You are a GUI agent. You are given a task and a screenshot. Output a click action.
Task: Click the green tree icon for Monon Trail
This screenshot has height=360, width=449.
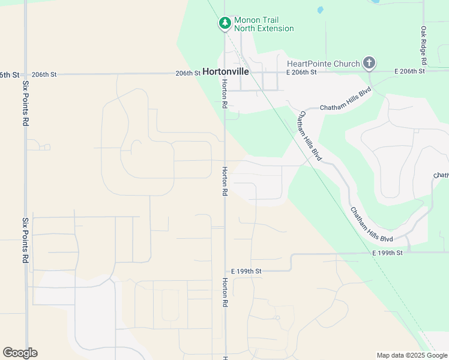(225, 23)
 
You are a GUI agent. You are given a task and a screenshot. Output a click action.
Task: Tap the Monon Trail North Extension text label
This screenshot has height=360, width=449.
(264, 24)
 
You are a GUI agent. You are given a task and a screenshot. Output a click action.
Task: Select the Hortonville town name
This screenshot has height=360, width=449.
(226, 71)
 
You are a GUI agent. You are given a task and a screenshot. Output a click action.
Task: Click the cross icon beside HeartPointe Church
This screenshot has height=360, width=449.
(369, 62)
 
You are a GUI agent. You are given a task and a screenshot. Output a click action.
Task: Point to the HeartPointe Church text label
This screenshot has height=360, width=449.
(324, 64)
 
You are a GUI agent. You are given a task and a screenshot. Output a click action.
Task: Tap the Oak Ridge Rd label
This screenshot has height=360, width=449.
(423, 46)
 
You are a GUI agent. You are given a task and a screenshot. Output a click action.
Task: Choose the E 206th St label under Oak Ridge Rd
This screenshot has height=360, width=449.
(410, 71)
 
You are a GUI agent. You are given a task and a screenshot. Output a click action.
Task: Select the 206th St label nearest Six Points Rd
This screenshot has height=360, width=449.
(44, 74)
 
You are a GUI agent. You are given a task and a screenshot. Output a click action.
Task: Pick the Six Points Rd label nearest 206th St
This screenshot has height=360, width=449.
(26, 103)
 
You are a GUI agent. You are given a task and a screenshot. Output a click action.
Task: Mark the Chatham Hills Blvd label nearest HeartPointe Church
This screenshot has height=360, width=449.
(346, 99)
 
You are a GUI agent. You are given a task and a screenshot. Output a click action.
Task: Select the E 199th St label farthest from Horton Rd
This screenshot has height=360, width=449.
(387, 253)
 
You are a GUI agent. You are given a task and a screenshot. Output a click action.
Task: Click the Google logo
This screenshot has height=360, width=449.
(20, 353)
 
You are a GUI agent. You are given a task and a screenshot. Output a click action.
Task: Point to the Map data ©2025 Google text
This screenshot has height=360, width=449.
(412, 355)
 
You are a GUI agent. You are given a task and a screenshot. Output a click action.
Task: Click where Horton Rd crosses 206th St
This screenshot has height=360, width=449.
(225, 74)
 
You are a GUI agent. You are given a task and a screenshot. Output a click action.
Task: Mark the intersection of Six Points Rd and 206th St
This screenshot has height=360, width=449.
(26, 74)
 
